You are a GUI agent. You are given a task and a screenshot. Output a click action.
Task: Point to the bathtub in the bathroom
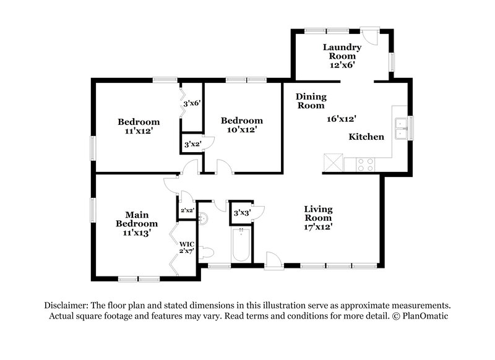click(x=241, y=246)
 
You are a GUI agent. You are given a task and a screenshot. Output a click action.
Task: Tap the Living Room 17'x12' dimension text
click(x=318, y=226)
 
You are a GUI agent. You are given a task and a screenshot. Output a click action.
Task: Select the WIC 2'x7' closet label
click(x=187, y=247)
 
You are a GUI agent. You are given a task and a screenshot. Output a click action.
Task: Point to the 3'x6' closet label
click(x=192, y=103)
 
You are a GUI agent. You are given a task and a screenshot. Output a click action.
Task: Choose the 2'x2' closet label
click(x=187, y=210)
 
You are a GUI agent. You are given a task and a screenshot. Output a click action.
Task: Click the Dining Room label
click(x=311, y=101)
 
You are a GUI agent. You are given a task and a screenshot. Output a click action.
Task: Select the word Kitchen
click(x=366, y=137)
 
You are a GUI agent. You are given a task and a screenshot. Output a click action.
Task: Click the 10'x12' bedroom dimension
click(x=242, y=129)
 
